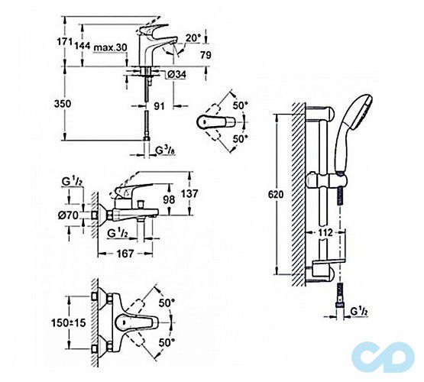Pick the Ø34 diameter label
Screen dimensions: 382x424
click(x=177, y=74)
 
